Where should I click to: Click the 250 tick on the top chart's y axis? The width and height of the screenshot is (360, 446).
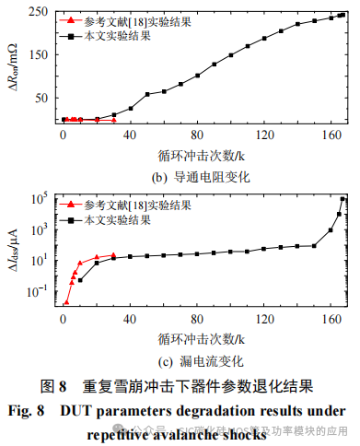click(x=39, y=12)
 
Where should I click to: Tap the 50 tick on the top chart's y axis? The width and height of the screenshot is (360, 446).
click(x=41, y=98)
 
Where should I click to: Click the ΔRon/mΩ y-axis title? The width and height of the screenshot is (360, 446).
click(x=12, y=65)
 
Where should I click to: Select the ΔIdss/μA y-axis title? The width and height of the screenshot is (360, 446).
click(x=12, y=248)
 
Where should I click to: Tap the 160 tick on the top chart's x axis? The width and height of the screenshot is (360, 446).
click(x=324, y=135)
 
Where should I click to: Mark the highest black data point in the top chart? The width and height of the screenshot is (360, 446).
click(x=343, y=14)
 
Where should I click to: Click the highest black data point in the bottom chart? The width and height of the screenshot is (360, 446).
click(x=343, y=199)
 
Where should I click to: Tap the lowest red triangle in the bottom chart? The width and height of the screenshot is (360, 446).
click(x=65, y=301)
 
